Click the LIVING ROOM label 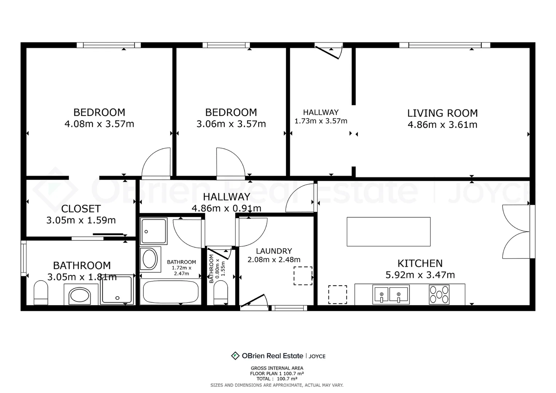(x=442, y=113)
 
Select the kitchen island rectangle (x=388, y=232)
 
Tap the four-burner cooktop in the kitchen (x=439, y=294)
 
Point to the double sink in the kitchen (x=391, y=294)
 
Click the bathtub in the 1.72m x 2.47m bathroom (x=171, y=292)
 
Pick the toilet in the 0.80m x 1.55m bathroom (x=221, y=293)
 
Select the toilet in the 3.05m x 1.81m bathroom (x=41, y=293)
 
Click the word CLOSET (x=81, y=209)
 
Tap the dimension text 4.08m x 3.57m (x=99, y=124)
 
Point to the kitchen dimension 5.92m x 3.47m (x=420, y=275)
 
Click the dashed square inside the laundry (x=303, y=276)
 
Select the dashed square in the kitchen (x=337, y=294)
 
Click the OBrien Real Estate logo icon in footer (x=235, y=356)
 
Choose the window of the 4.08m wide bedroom (x=108, y=45)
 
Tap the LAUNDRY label (x=274, y=251)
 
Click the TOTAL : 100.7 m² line (x=277, y=379)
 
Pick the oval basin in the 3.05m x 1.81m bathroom (x=80, y=295)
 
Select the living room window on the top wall (x=445, y=45)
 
